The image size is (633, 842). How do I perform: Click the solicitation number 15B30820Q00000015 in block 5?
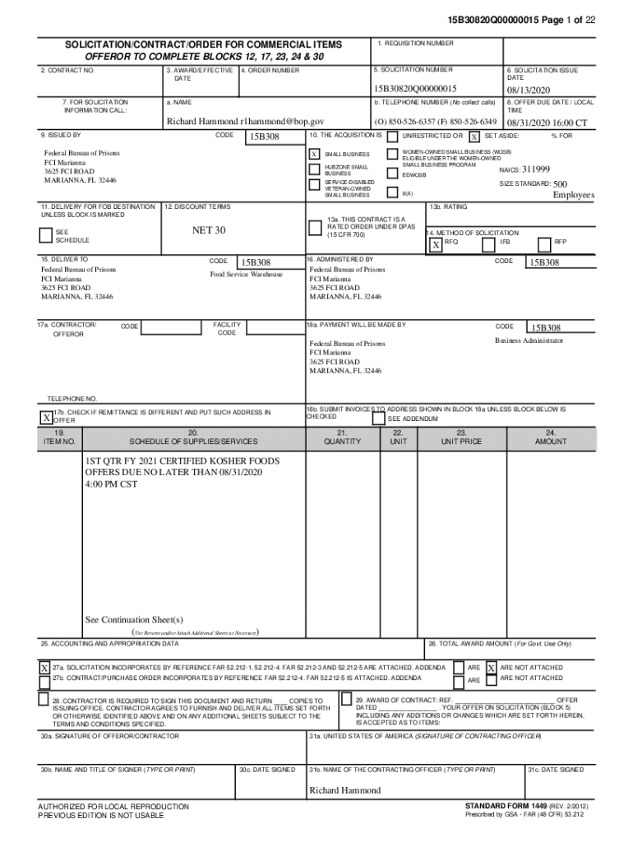tap(414, 89)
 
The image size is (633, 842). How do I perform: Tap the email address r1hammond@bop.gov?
tap(283, 121)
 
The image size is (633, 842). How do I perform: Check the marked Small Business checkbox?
tap(314, 155)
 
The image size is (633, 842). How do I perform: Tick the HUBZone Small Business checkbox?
tap(314, 169)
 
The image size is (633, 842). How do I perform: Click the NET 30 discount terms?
tap(209, 230)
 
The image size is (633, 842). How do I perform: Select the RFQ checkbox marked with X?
tap(435, 245)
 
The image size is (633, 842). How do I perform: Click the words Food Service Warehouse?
tap(246, 275)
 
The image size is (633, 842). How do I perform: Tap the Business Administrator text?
tap(529, 340)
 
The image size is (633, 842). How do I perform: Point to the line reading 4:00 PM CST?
tap(113, 484)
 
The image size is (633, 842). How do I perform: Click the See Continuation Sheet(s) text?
tap(134, 619)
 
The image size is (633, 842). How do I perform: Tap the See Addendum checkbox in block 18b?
tap(378, 419)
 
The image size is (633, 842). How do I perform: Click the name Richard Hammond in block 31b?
tap(344, 790)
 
